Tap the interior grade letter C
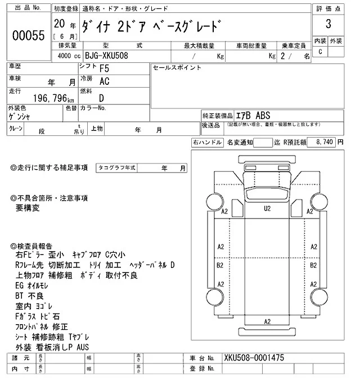pos(320,52)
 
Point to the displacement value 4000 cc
pos(66,56)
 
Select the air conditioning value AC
pos(104,82)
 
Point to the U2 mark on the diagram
pos(267,208)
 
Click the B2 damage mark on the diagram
pos(220,265)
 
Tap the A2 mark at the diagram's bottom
pos(267,321)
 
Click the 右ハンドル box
pos(207,143)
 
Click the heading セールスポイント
pos(177,67)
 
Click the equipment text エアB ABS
pos(251,115)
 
